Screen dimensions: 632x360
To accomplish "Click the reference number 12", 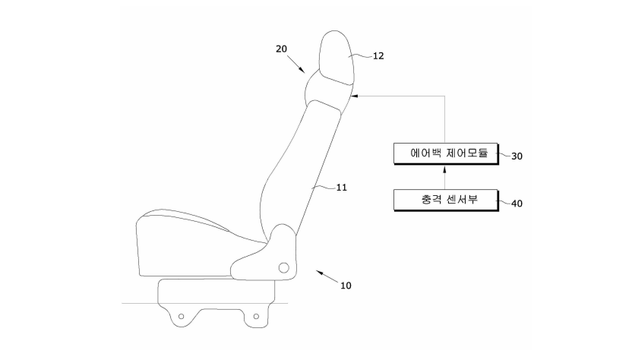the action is pos(378,56).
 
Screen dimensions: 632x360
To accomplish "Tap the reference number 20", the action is pos(281,49).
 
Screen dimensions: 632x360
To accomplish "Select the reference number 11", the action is pos(341,188).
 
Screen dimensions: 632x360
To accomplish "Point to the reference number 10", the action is pos(346,286).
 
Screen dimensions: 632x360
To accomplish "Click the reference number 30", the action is pos(517,156).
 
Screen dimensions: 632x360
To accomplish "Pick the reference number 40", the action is pos(517,204).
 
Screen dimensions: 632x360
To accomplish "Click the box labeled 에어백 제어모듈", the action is pos(446,153).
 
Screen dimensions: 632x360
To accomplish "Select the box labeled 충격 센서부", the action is pos(446,200).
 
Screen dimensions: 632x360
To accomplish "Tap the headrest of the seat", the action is pos(337,57).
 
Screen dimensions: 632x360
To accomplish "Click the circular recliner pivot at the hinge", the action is pos(284,267).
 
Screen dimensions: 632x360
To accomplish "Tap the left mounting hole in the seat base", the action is pos(182,317).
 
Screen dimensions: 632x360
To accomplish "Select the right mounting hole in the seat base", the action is pos(256,317).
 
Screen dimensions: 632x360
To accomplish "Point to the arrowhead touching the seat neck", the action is pos(354,96).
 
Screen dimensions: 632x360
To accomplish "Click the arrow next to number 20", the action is pos(296,64).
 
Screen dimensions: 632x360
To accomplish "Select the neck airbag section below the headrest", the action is pos(328,90).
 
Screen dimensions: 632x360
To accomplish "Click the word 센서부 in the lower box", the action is pos(463,200).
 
